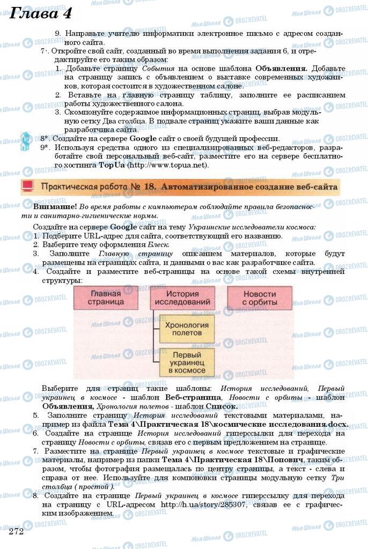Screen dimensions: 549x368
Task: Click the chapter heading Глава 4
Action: [41, 13]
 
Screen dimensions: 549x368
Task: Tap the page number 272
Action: [17, 531]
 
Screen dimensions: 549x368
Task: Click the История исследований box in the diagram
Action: [182, 298]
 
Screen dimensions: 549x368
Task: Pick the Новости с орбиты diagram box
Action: [259, 298]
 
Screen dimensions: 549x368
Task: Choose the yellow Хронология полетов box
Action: [183, 329]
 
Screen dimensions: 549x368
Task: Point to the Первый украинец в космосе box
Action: [183, 362]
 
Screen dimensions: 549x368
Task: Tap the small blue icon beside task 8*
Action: [25, 139]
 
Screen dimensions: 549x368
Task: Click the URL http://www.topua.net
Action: [167, 165]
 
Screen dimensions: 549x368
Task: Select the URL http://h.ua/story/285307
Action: [205, 505]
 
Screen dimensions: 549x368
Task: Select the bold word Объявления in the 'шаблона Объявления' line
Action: [281, 68]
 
